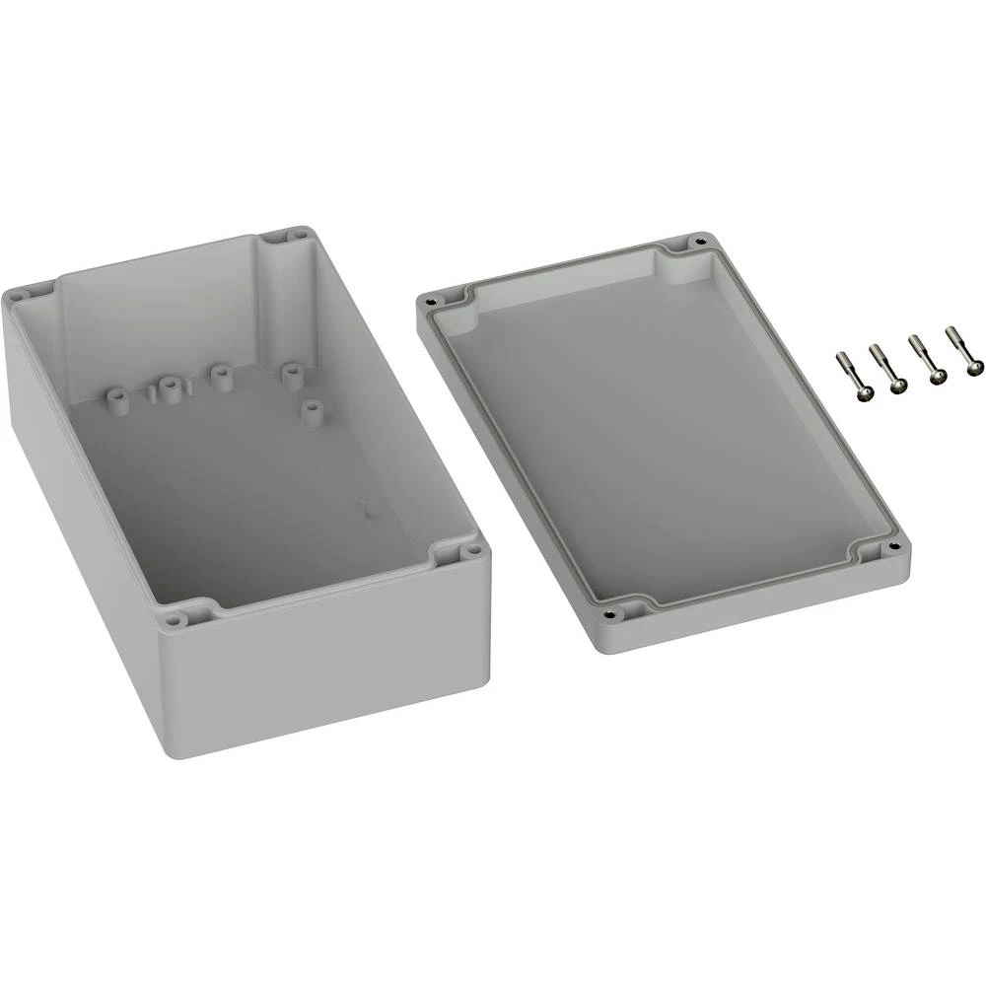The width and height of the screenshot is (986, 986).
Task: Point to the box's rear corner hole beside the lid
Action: pyautogui.click(x=297, y=237)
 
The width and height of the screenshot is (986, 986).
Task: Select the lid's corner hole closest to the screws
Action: pyautogui.click(x=701, y=241)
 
